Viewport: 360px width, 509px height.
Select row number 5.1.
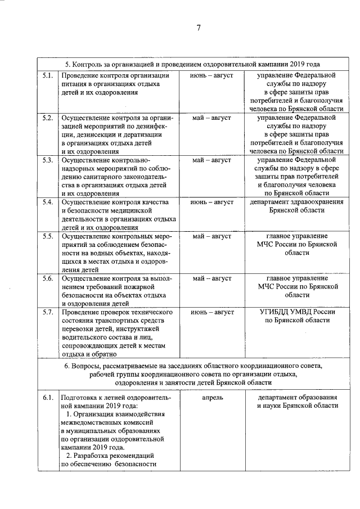pyautogui.click(x=48, y=75)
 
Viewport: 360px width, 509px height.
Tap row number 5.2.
pyautogui.click(x=48, y=118)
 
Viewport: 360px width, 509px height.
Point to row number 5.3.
pyautogui.click(x=48, y=161)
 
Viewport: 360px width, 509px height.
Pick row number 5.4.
pyautogui.click(x=48, y=202)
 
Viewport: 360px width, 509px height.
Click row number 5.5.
pyautogui.click(x=48, y=236)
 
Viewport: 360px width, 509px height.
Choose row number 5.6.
pyautogui.click(x=48, y=278)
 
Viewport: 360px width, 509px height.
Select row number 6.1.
pyautogui.click(x=48, y=398)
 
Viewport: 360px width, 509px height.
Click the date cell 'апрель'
pyautogui.click(x=211, y=398)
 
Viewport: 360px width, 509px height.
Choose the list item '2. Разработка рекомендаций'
pyautogui.click(x=110, y=456)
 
